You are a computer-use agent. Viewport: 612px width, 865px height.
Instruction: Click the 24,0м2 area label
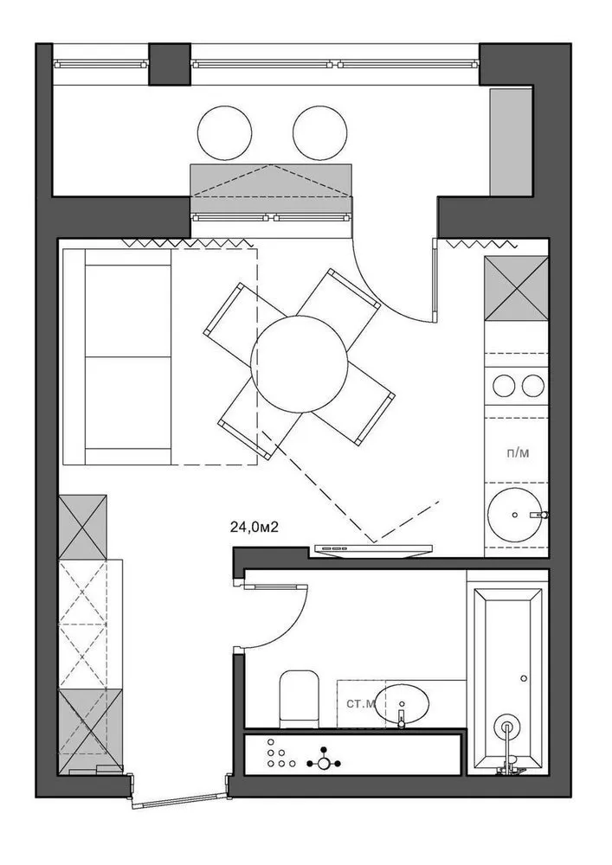point(254,527)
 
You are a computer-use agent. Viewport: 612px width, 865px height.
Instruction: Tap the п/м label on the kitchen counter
point(517,453)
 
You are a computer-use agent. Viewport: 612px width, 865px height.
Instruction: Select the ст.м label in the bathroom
point(361,704)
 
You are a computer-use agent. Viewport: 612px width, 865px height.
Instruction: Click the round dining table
point(300,364)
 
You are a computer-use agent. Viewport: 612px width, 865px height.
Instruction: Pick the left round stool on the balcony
point(224,133)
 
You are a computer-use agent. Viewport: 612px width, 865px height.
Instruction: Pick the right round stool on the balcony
point(320,133)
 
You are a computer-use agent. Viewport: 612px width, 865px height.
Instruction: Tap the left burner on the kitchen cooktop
point(504,386)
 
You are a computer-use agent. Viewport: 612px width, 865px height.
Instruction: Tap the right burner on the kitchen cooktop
point(533,386)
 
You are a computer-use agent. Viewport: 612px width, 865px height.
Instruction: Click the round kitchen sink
point(514,515)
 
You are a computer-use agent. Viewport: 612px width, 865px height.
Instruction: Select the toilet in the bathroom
point(300,699)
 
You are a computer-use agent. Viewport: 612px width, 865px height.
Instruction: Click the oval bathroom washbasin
point(402,703)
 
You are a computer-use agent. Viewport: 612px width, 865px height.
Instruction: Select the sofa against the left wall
point(117,357)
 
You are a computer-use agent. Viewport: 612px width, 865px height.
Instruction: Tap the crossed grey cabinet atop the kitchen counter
point(516,289)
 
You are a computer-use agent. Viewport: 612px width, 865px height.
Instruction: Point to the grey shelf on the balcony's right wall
point(511,141)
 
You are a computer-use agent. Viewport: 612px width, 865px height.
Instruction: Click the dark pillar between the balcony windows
point(170,65)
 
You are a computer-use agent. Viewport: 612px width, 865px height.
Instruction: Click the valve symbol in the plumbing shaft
point(324,764)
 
